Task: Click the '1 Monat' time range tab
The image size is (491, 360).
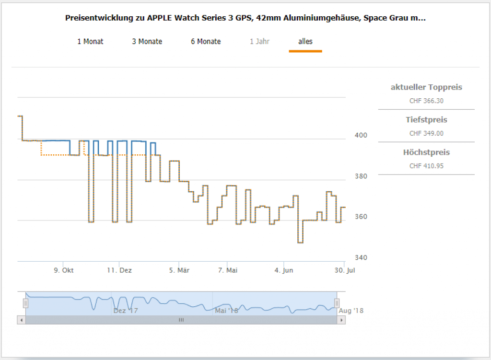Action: pyautogui.click(x=90, y=42)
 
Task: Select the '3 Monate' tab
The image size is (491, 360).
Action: pyautogui.click(x=147, y=42)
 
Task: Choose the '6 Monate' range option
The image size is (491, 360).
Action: pyautogui.click(x=206, y=42)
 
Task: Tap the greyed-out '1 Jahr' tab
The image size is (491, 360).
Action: pyautogui.click(x=259, y=42)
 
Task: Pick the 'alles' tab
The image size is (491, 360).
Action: pyautogui.click(x=305, y=42)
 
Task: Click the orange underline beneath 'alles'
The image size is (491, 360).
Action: pyautogui.click(x=305, y=51)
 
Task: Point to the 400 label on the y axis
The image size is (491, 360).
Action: pyautogui.click(x=361, y=135)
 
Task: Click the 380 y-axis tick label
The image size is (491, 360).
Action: pyautogui.click(x=361, y=176)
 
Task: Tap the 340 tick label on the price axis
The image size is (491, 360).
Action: pyautogui.click(x=361, y=257)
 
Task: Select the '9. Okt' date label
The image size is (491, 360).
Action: pyautogui.click(x=64, y=270)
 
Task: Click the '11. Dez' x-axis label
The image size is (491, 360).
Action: pyautogui.click(x=119, y=270)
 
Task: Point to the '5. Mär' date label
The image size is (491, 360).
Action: pyautogui.click(x=179, y=270)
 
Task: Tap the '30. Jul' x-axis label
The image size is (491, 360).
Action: pyautogui.click(x=344, y=270)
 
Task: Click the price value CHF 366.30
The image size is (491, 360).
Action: pyautogui.click(x=426, y=101)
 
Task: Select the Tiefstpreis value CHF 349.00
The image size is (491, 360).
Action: pyautogui.click(x=426, y=134)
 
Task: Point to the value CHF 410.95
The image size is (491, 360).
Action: pyautogui.click(x=426, y=166)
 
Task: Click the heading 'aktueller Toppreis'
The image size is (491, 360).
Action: pyautogui.click(x=426, y=87)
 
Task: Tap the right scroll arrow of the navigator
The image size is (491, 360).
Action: pyautogui.click(x=341, y=320)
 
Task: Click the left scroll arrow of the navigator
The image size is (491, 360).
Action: pyautogui.click(x=21, y=320)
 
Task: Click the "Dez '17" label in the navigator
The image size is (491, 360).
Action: pyautogui.click(x=126, y=311)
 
